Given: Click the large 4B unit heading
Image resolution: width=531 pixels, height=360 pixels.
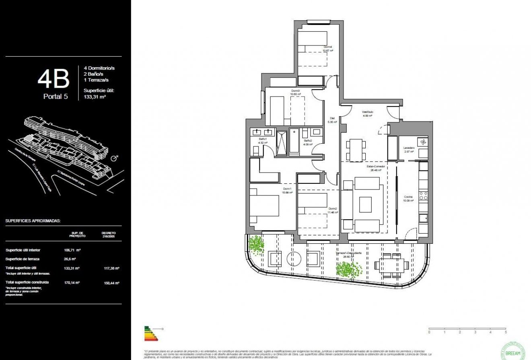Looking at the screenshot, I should pos(53,79).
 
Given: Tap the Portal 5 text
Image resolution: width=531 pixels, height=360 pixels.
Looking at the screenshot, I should pos(56,97).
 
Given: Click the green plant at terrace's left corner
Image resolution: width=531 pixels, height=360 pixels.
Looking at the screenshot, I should pos(256,244).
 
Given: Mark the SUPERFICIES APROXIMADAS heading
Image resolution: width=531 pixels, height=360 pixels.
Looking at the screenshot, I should pos(33,221).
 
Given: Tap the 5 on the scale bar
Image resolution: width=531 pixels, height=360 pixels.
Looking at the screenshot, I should pos(506,332).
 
